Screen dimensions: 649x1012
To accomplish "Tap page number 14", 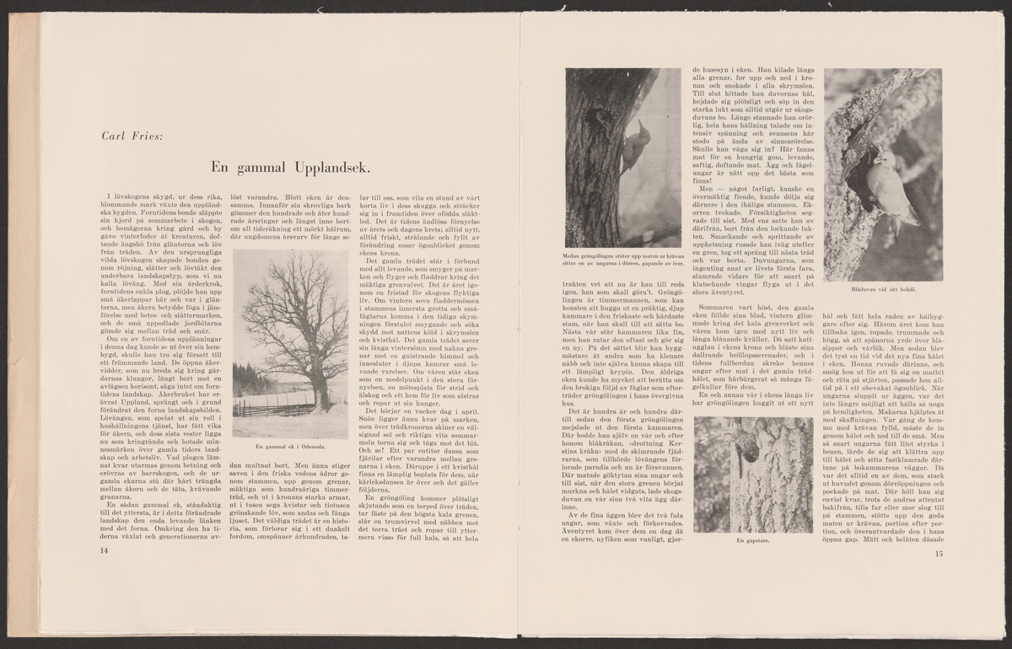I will tap(105, 550).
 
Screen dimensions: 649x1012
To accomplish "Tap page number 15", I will tap(939, 554).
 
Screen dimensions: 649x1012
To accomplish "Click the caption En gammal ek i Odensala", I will tap(289, 447).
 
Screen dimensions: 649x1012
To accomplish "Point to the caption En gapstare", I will tap(753, 540).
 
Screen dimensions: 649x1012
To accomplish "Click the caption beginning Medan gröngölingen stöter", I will tap(623, 260).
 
